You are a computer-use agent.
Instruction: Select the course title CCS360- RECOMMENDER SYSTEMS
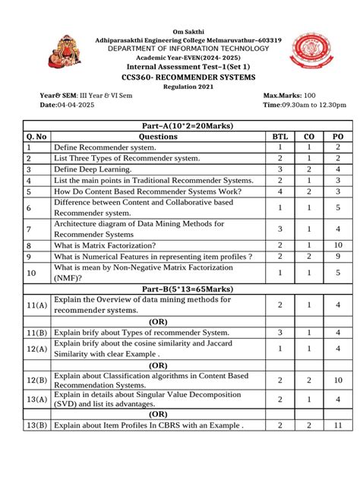click(x=180, y=77)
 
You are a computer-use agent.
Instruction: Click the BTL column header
click(x=280, y=137)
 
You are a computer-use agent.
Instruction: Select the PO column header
click(x=338, y=137)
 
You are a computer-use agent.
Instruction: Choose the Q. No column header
click(x=37, y=137)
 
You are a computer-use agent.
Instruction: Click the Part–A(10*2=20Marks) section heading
click(x=180, y=125)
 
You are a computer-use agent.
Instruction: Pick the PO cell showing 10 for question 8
click(x=338, y=245)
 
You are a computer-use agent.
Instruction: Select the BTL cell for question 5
click(x=280, y=192)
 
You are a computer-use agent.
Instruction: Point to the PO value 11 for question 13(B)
click(x=338, y=426)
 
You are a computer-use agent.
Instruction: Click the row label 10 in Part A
click(x=31, y=273)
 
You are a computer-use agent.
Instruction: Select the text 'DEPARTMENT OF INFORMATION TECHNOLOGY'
click(x=180, y=48)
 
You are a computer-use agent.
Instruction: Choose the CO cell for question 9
click(x=309, y=257)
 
